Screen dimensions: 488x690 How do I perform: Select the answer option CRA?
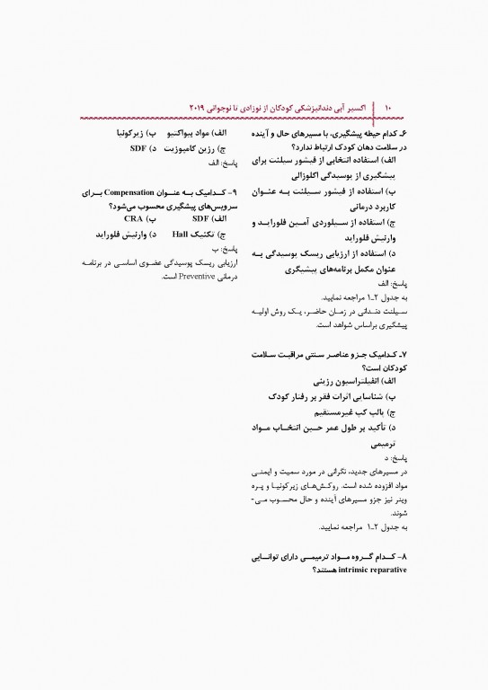133,218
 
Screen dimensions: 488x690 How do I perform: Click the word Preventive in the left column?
182,277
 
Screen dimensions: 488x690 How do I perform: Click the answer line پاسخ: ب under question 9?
209,249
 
